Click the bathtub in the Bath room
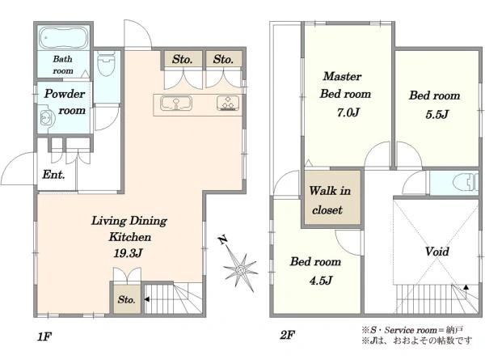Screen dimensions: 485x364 click(63, 38)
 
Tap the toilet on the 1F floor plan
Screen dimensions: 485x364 click(106, 63)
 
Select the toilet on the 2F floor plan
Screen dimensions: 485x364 click(466, 182)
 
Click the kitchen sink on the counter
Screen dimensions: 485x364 click(176, 103)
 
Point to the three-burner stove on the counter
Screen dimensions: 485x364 click(228, 103)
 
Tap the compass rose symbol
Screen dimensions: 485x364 click(240, 270)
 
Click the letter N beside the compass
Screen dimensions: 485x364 click(223, 240)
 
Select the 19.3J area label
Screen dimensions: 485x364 click(128, 253)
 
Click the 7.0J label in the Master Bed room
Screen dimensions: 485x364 click(348, 112)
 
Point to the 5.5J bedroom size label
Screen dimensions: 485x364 click(436, 115)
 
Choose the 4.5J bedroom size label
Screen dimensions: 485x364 click(321, 281)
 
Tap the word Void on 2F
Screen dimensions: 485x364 click(436, 252)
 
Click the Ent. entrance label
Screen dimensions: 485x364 click(53, 175)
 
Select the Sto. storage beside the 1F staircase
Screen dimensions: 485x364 click(127, 299)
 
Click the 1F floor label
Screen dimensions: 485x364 click(44, 336)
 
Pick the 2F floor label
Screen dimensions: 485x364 click(287, 335)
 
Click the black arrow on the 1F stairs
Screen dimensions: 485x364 click(147, 299)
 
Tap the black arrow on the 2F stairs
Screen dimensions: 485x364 click(466, 287)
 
